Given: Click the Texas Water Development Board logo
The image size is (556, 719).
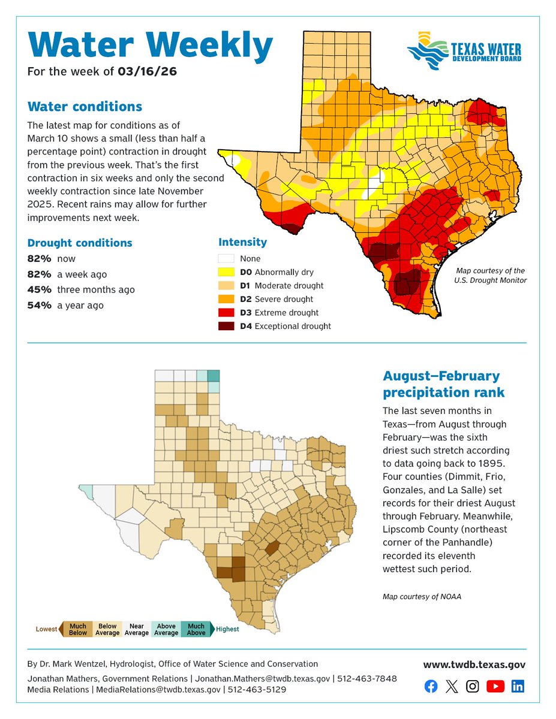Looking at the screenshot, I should point(464,51).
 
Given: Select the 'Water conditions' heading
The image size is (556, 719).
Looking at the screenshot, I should point(85,107).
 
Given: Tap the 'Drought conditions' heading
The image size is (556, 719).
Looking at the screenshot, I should point(80,243).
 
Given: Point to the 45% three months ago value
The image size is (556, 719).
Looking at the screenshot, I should point(38,290).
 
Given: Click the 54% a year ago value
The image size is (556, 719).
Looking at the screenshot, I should point(38,306).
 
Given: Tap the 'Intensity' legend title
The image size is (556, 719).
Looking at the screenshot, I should point(242,242).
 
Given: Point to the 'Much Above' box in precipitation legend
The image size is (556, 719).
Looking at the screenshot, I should point(196,629).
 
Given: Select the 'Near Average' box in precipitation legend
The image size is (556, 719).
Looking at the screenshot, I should point(137,629).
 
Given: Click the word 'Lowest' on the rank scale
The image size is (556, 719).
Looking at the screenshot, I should point(46,629).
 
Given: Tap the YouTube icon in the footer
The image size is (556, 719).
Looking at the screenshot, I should point(495,687).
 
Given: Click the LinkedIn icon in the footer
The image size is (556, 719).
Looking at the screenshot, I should point(518,687).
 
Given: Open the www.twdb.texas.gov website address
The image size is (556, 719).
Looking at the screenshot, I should point(474,664).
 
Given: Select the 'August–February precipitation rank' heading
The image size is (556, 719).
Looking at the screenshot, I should point(441,384).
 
